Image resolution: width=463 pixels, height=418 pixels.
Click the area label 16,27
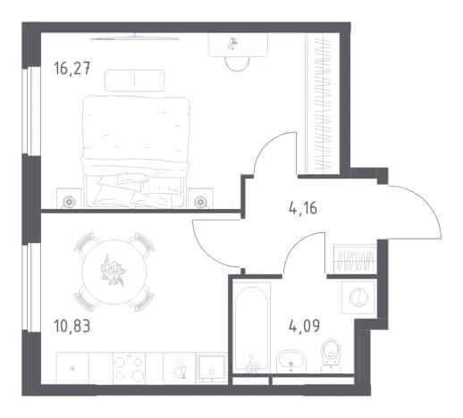click(x=72, y=68)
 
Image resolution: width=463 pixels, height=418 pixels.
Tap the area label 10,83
click(x=72, y=326)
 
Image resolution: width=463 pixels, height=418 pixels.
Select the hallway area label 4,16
click(x=303, y=207)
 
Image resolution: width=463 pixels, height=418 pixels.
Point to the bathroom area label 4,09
click(x=304, y=325)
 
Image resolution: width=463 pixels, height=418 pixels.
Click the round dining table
click(x=114, y=272)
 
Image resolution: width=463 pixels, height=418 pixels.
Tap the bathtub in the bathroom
click(x=252, y=328)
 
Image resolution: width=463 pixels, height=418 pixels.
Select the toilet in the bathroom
click(x=332, y=355)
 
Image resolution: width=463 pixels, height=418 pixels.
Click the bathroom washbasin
click(x=291, y=361)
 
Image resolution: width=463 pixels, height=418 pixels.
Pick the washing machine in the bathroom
click(x=358, y=297)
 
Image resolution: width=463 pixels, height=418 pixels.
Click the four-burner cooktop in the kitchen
click(x=129, y=369)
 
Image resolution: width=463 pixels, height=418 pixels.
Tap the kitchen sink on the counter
click(x=211, y=369)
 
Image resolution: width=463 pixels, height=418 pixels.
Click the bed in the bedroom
click(x=136, y=151)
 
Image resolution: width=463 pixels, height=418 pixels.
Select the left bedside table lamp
click(x=69, y=202)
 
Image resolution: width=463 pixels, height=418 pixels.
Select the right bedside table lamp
click(x=200, y=202)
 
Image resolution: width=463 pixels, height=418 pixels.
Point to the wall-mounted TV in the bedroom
click(x=135, y=38)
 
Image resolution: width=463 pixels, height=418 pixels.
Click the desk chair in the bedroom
click(x=237, y=63)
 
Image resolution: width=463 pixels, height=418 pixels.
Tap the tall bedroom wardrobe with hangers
click(x=323, y=103)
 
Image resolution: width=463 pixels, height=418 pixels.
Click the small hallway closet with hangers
click(x=355, y=258)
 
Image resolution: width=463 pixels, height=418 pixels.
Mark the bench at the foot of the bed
click(x=135, y=80)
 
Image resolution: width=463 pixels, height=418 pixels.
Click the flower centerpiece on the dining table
click(x=113, y=271)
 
